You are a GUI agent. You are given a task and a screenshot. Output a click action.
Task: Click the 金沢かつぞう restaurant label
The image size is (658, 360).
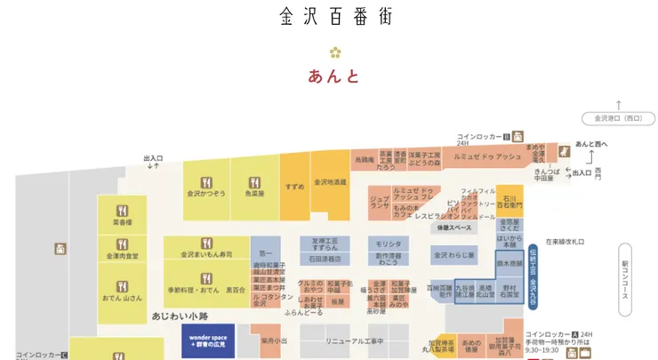pyautogui.click(x=206, y=192)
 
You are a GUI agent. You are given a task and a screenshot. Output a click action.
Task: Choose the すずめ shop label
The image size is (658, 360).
pyautogui.click(x=294, y=187)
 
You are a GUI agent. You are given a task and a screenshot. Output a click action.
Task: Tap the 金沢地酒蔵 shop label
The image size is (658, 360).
pyautogui.click(x=329, y=181)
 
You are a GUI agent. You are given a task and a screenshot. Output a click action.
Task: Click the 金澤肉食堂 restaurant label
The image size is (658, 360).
pyautogui.click(x=122, y=256)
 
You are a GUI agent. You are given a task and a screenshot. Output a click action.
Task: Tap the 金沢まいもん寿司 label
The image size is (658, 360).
pyautogui.click(x=206, y=254)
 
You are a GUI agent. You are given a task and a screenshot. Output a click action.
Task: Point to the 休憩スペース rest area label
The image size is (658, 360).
pyautogui.click(x=454, y=228)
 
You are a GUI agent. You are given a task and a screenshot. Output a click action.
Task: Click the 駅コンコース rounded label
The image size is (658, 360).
pyautogui.click(x=625, y=279)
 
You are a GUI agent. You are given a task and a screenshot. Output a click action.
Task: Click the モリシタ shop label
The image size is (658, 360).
pyautogui.click(x=388, y=243)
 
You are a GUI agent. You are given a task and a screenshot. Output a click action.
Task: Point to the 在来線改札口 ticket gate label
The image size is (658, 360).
pyautogui.click(x=564, y=241)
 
